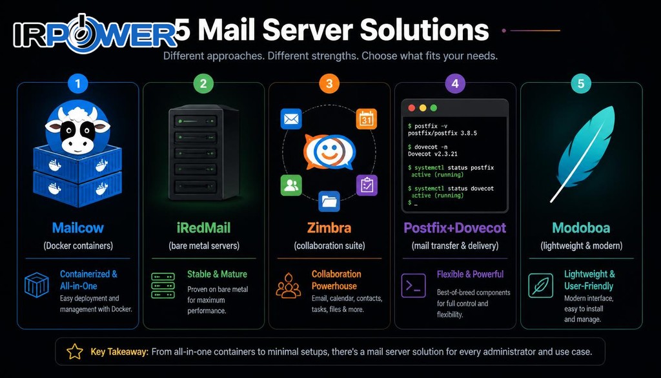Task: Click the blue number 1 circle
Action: [x=77, y=83]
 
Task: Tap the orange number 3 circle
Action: [x=329, y=83]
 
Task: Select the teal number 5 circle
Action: [x=581, y=83]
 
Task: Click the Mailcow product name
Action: [x=78, y=228]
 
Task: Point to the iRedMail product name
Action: [x=203, y=228]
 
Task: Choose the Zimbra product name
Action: [x=329, y=228]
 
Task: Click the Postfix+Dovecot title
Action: [x=455, y=228]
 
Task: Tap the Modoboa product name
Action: [x=582, y=228]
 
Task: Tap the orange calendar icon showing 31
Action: [x=367, y=119]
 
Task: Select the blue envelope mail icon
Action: [x=291, y=119]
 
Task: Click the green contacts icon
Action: [x=291, y=185]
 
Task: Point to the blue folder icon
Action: [x=329, y=201]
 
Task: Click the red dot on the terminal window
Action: [x=411, y=108]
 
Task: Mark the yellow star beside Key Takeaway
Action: [x=75, y=352]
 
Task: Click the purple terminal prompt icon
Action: [x=413, y=286]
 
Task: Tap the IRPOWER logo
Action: [x=95, y=34]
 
